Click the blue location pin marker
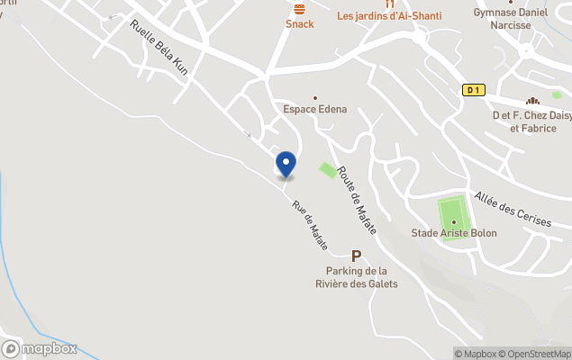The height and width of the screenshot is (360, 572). [x=286, y=164]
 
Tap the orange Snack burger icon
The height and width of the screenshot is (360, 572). [x=300, y=8]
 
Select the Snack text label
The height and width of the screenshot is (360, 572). [x=300, y=24]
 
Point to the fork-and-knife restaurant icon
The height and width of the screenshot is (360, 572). [x=389, y=4]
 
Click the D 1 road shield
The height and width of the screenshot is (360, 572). [x=474, y=90]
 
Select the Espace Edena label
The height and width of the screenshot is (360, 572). [x=314, y=111]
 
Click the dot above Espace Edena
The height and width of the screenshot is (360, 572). [x=315, y=97]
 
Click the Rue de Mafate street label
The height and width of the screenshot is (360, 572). [x=309, y=224]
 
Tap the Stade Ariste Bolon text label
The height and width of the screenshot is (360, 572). [x=454, y=233]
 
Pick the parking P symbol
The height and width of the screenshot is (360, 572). [x=358, y=256]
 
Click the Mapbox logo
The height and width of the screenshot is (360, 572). [x=40, y=349]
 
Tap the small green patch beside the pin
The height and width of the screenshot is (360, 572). [x=328, y=169]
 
